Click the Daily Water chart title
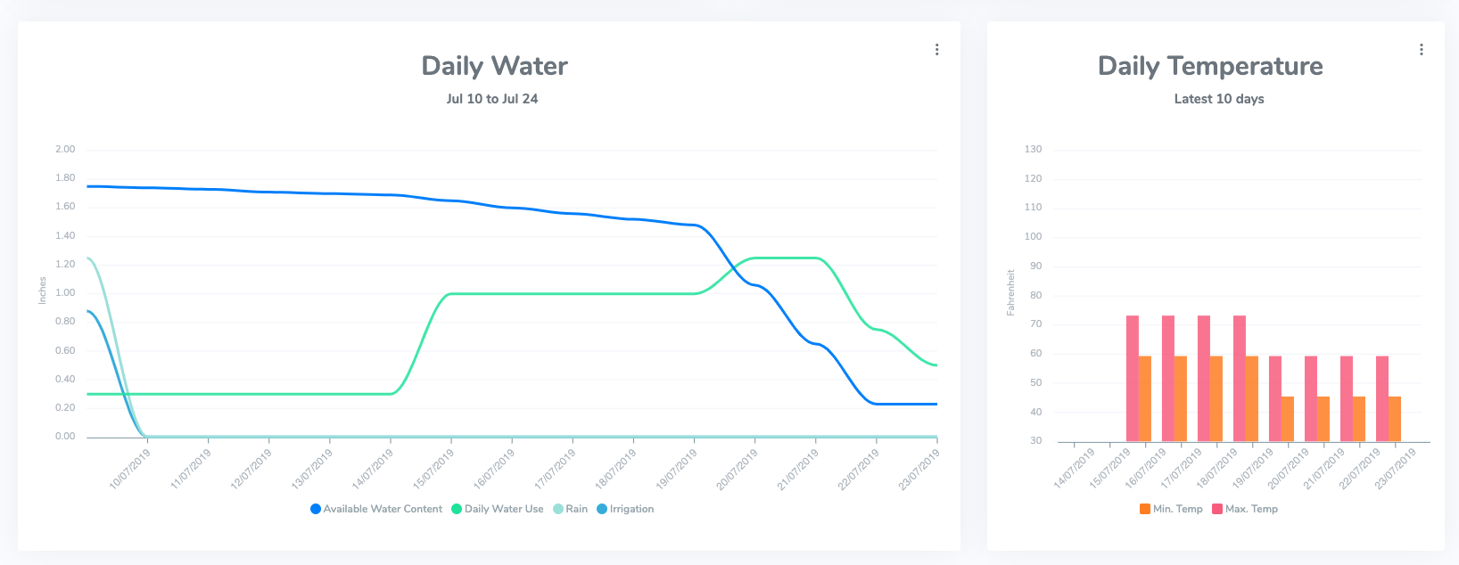pos(494,66)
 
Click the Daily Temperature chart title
pos(1210,66)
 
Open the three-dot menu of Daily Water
pos(936,50)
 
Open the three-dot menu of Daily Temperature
pos(1421,50)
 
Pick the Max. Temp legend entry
pos(1245,509)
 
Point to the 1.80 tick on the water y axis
pos(65,178)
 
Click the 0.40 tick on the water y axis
pos(65,380)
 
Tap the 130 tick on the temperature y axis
pos(1033,150)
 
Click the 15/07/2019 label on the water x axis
pos(433,469)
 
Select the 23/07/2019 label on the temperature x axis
pos(1395,469)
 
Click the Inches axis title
pos(42,291)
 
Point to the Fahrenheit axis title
pos(1010,292)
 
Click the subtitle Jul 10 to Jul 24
pos(492,99)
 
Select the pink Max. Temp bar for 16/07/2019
pos(1132,379)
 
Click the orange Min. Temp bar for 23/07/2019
pos(1395,419)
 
